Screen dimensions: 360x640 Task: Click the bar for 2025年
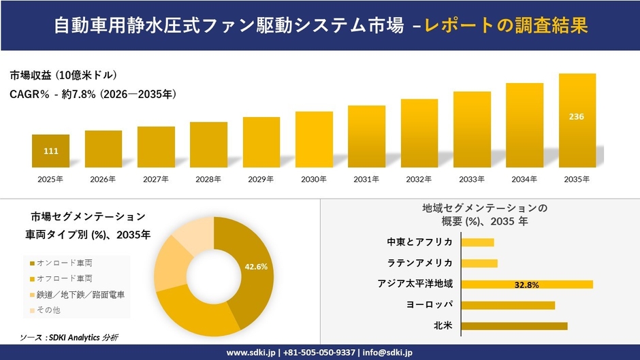click(x=50, y=151)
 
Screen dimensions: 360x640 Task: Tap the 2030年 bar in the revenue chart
click(x=314, y=140)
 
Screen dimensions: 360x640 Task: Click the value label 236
click(x=577, y=116)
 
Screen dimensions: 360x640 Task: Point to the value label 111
click(x=50, y=151)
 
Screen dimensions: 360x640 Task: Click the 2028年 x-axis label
click(x=208, y=179)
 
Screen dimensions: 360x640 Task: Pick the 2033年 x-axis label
click(x=472, y=179)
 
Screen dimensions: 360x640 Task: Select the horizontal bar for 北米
click(x=514, y=326)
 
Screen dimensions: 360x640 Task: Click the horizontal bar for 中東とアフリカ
click(x=477, y=242)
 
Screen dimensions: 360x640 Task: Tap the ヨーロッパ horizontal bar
click(x=508, y=305)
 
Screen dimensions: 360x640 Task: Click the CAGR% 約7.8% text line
click(x=93, y=95)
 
